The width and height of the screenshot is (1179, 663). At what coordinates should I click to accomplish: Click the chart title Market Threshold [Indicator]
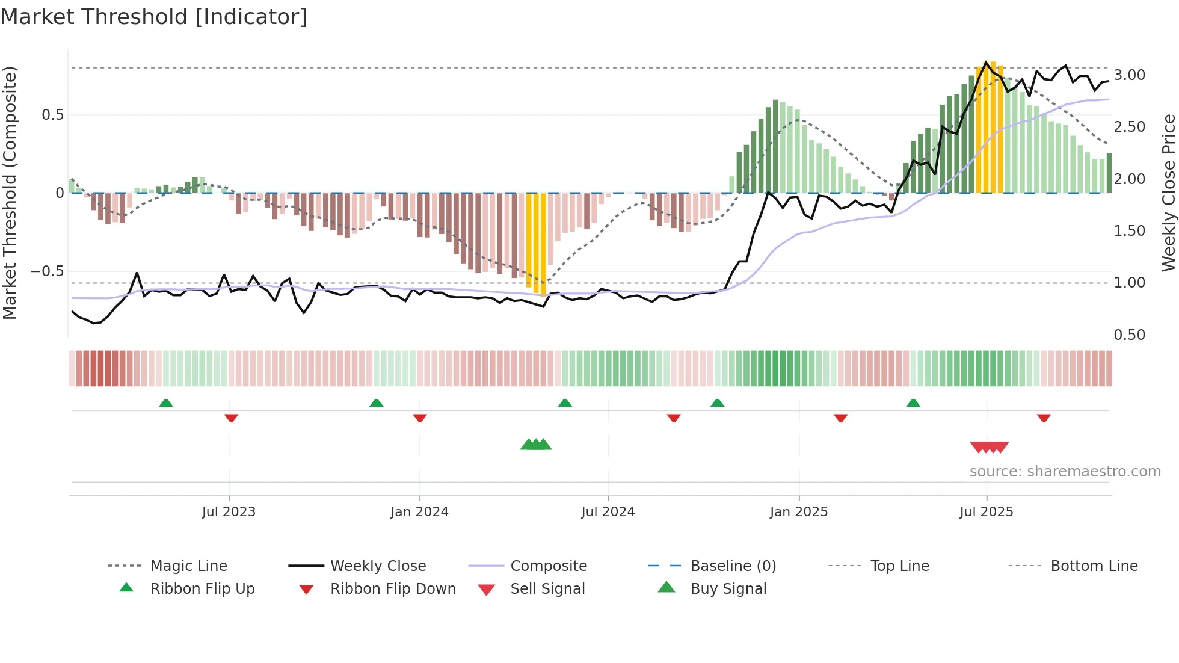(154, 17)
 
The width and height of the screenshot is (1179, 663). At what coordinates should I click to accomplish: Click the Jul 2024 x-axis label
(608, 512)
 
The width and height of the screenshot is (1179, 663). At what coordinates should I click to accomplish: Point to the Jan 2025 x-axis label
(798, 512)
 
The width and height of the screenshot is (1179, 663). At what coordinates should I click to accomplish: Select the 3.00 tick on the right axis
(1129, 75)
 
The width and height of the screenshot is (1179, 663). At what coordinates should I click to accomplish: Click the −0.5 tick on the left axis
(48, 271)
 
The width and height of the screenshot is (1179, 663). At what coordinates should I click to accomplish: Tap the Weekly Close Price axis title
(1168, 193)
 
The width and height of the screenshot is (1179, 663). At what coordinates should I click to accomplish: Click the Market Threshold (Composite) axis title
(10, 193)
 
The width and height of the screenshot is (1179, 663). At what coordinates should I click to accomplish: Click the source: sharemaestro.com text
(1065, 472)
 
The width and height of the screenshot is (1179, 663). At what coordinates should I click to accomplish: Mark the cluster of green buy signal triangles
(535, 445)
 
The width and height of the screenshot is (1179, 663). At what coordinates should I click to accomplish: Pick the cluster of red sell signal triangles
(989, 447)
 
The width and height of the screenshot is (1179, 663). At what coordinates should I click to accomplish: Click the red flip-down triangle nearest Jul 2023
(231, 418)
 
